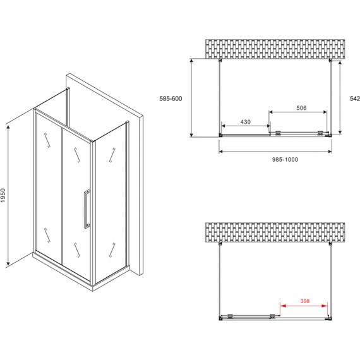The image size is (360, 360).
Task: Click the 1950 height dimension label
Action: coord(3,195)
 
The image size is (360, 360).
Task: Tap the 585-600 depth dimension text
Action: coord(171,99)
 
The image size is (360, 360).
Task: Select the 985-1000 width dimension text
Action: coord(285,159)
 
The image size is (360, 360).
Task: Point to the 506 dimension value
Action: coord(301,107)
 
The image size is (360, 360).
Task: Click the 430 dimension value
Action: coord(245,122)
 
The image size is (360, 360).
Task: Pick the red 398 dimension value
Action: coord(305,301)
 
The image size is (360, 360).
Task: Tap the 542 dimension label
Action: coord(355,99)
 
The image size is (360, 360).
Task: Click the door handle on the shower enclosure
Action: coord(87,209)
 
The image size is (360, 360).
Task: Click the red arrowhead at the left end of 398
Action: coord(282,306)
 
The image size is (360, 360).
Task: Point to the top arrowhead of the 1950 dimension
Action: coord(8,128)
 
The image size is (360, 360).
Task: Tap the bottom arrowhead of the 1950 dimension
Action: coord(8,263)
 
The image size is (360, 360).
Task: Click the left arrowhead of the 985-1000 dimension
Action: coord(222,152)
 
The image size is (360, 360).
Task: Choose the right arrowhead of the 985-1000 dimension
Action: coord(330,152)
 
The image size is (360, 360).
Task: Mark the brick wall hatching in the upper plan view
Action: coord(275,49)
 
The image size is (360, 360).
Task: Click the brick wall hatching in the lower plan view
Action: coord(275,232)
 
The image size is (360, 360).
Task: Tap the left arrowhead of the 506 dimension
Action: coord(271,112)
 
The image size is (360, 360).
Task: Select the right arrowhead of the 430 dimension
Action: coord(268,126)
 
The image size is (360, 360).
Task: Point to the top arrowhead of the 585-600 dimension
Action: coord(192,61)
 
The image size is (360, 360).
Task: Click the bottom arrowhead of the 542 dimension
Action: coord(340,131)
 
